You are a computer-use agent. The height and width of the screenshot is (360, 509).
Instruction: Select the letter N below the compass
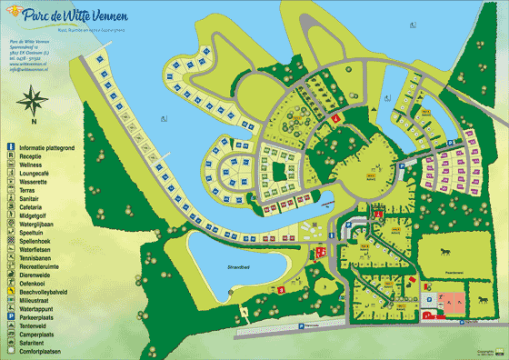pyautogui.click(x=34, y=120)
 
